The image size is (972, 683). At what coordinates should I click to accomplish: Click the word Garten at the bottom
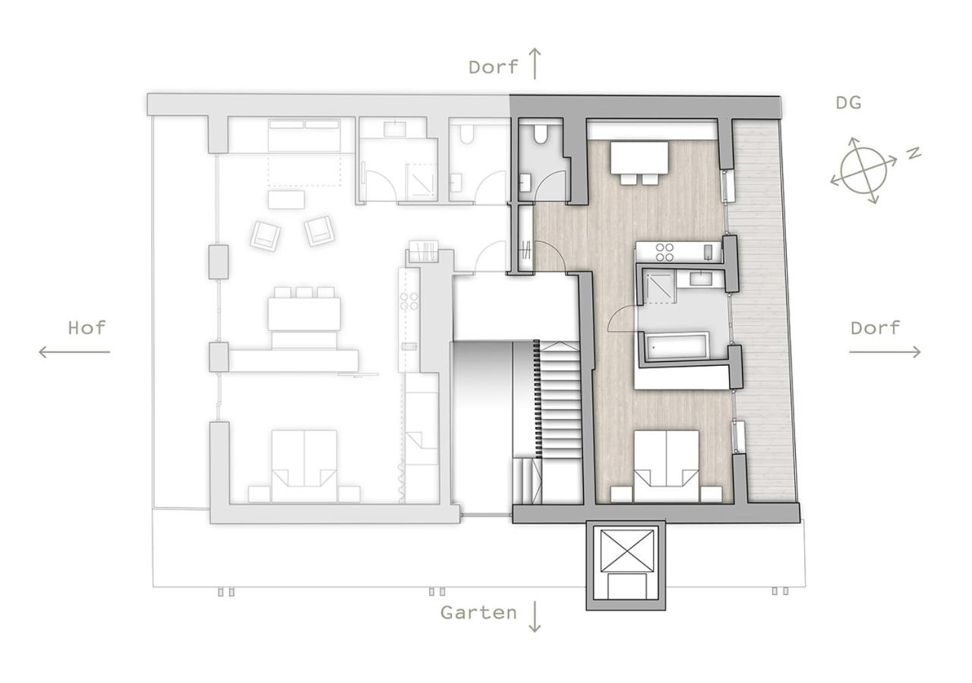pos(478,612)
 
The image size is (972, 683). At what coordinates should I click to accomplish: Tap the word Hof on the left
pos(87,328)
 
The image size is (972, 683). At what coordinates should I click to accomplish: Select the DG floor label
pos(848,102)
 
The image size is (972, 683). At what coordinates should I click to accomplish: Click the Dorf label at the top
pos(494,67)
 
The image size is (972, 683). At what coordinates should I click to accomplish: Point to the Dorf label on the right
pos(875,328)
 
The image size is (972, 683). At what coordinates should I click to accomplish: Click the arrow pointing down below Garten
pos(535,615)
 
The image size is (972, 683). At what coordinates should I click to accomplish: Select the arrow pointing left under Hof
pos(74,352)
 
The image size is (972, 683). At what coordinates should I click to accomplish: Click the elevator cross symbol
pos(626,550)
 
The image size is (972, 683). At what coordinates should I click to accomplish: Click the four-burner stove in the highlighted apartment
pos(664,253)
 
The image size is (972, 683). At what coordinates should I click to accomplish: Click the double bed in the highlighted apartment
pos(667,466)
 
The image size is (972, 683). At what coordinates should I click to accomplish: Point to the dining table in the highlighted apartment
pos(639,158)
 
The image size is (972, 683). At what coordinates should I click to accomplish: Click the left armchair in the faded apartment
pos(265,236)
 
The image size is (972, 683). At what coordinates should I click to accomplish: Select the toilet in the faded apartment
pos(466,133)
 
